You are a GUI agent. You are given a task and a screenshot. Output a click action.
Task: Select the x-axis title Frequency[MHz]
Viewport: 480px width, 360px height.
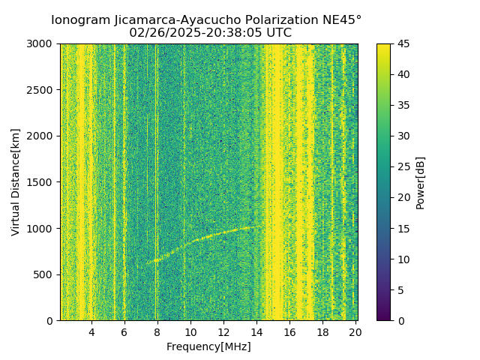tap(208, 346)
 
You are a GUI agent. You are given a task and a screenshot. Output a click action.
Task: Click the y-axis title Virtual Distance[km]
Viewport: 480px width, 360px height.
tap(15, 182)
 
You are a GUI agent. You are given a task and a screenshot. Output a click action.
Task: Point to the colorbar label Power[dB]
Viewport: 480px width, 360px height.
tap(420, 182)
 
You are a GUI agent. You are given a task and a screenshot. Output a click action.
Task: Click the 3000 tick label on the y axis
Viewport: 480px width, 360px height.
tap(42, 43)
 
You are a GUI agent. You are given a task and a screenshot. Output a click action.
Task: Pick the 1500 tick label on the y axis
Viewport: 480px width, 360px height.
tap(42, 182)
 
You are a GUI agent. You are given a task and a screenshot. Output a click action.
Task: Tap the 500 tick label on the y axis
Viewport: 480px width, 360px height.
tap(45, 274)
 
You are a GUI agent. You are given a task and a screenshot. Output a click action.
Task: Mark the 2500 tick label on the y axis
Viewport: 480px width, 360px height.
tap(42, 90)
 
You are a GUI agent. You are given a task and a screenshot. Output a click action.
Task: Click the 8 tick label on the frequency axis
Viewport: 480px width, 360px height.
tap(157, 332)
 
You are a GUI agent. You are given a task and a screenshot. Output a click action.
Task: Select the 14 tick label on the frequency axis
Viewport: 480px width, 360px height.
tap(256, 332)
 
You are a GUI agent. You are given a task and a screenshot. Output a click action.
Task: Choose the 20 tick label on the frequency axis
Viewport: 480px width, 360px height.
tap(355, 332)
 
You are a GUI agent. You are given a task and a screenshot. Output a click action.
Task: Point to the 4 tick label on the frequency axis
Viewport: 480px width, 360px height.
tap(91, 332)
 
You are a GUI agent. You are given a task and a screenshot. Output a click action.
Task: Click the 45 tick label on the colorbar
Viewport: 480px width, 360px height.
tap(401, 43)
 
